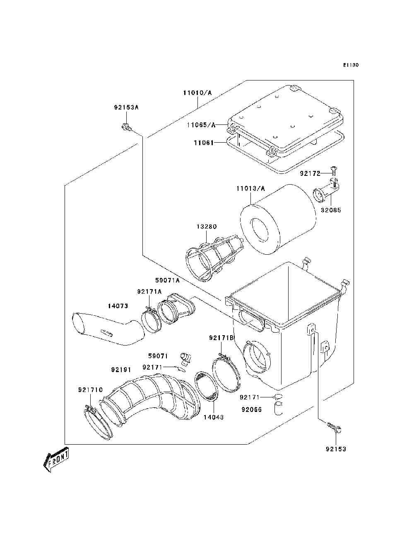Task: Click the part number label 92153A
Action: click(x=126, y=107)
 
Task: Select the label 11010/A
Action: click(x=197, y=93)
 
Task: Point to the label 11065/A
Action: click(x=201, y=124)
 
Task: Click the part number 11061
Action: click(x=204, y=143)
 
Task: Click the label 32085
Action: click(x=331, y=210)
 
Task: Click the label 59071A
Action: click(x=168, y=280)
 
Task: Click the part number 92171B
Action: click(x=221, y=338)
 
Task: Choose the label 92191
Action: click(x=121, y=369)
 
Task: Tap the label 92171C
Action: click(x=91, y=390)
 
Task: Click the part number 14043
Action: click(x=213, y=417)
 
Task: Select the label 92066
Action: click(x=252, y=409)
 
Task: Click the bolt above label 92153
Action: click(x=333, y=427)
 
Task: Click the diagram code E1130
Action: click(x=350, y=65)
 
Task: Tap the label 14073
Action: click(x=118, y=306)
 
